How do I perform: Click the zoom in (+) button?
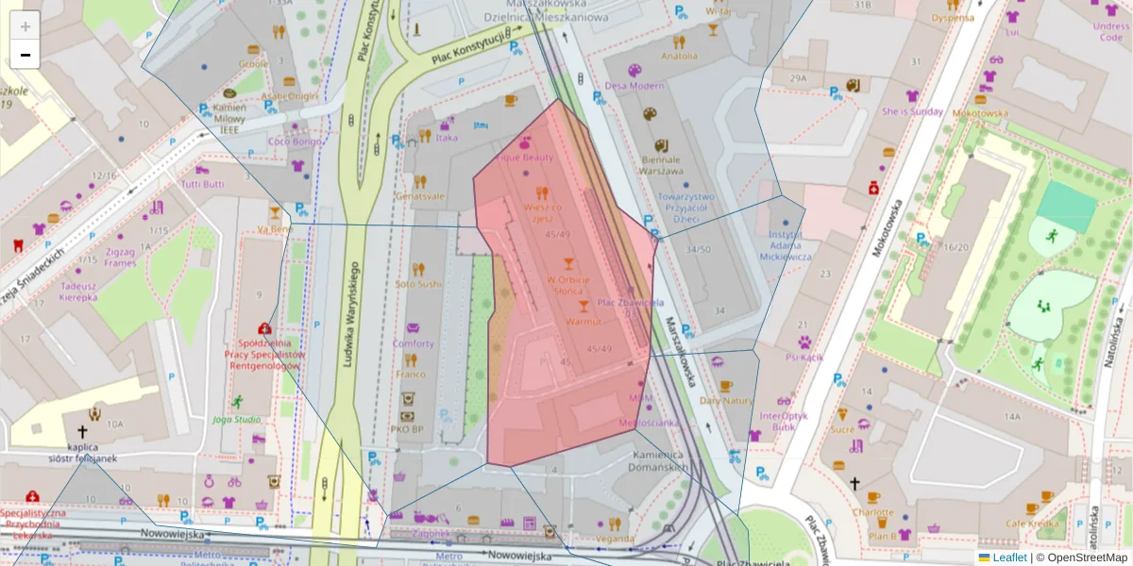[x=25, y=26]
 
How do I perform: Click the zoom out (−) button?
[x=25, y=55]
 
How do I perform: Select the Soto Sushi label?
[x=418, y=283]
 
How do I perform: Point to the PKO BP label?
[x=406, y=429]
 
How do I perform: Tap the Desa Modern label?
[x=634, y=85]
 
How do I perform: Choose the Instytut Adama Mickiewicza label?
[x=785, y=244]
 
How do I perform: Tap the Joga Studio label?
[x=236, y=419]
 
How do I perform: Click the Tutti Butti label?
[x=202, y=184]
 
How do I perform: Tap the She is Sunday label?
[x=912, y=110]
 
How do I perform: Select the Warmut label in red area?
[x=583, y=322]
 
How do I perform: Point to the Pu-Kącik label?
[x=803, y=357]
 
